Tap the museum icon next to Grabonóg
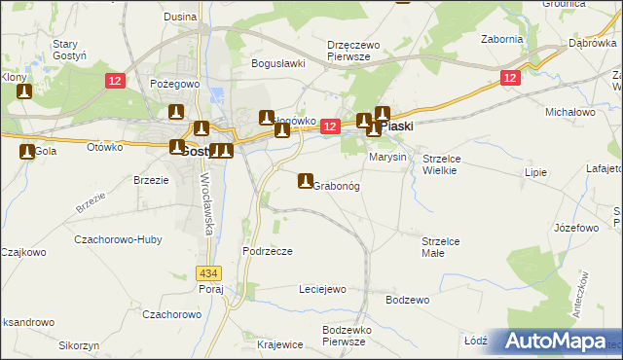pyautogui.click(x=306, y=181)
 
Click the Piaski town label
pyautogui.click(x=397, y=126)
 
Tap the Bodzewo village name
pyautogui.click(x=407, y=300)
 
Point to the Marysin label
pyautogui.click(x=386, y=157)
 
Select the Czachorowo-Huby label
pyautogui.click(x=113, y=237)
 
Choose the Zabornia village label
pyautogui.click(x=502, y=39)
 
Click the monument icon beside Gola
pyautogui.click(x=26, y=151)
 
